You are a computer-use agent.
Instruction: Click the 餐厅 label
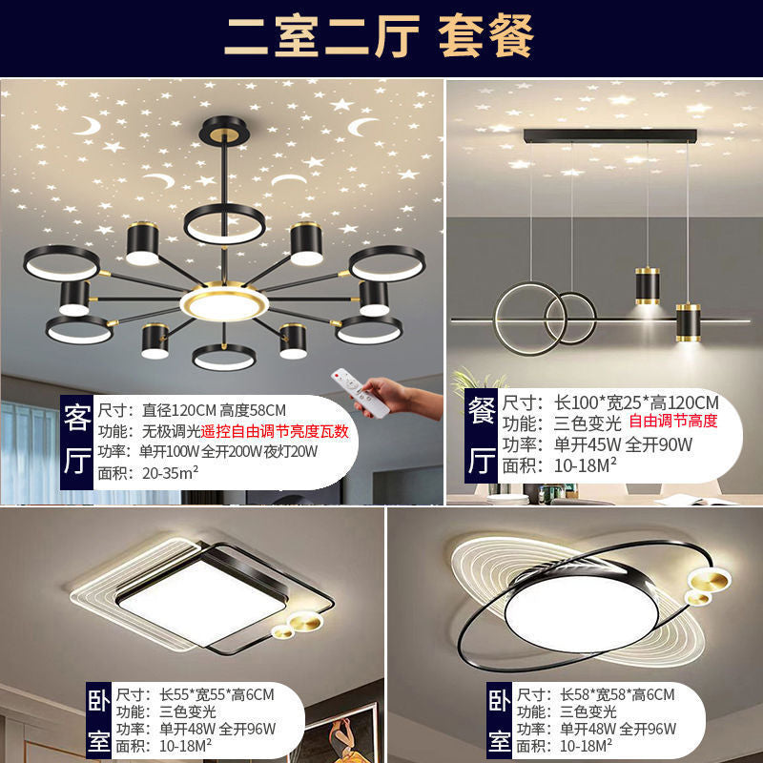point(481,437)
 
